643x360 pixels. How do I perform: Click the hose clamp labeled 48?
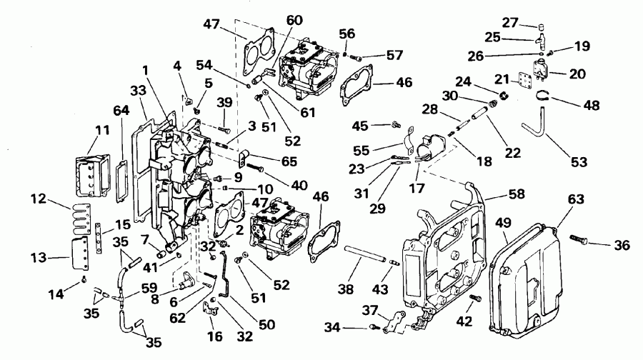tap(544, 96)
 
